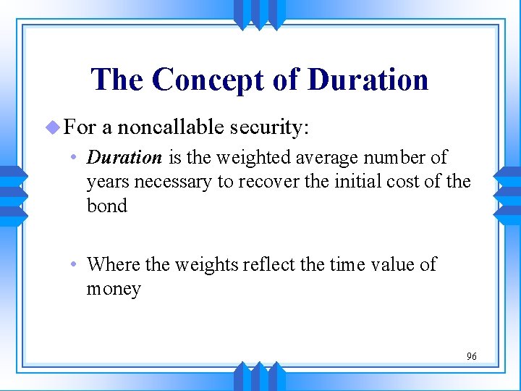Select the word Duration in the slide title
pos(368,80)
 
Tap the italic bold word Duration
pos(124,157)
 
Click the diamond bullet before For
pos(51,127)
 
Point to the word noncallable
pos(171,127)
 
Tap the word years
pos(106,182)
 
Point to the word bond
pos(106,206)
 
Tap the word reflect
pos(269,264)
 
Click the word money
pos(114,289)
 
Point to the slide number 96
pos(471,356)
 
